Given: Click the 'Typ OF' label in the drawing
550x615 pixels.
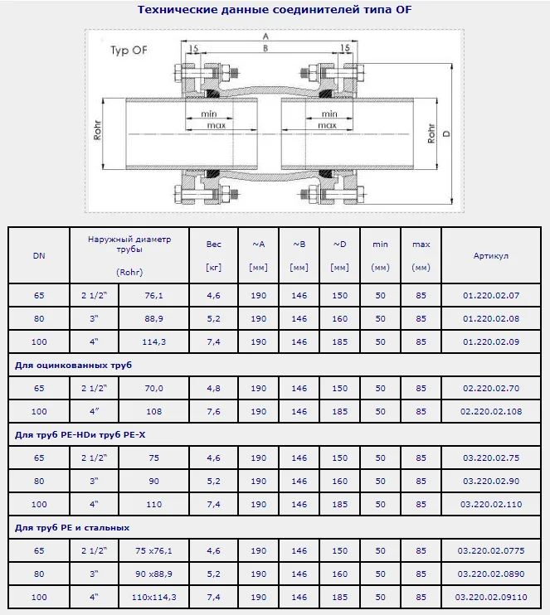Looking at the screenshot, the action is [x=129, y=51].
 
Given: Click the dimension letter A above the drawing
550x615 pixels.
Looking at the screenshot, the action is [x=265, y=36].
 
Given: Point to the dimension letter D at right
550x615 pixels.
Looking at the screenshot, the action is [x=446, y=133].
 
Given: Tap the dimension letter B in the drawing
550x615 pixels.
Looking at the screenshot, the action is [x=265, y=48].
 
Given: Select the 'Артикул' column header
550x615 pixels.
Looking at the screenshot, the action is [x=491, y=256].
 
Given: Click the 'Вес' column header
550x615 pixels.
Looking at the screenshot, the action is [x=213, y=244].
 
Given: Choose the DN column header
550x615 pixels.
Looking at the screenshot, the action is [x=39, y=256].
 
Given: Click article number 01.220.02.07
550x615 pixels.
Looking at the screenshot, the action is [x=491, y=295].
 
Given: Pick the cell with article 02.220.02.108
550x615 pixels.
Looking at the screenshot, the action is [x=491, y=411].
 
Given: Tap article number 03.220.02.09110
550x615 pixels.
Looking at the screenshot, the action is [x=491, y=597].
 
